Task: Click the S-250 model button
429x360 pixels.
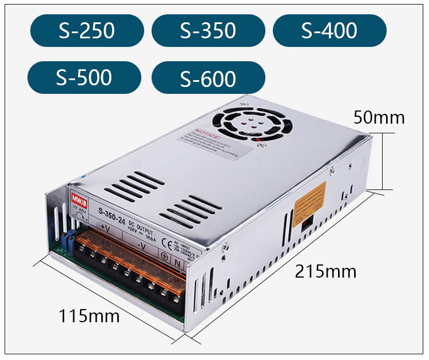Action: (x=87, y=30)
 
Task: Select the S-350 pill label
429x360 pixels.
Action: (x=208, y=30)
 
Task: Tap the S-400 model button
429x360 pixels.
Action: (x=329, y=30)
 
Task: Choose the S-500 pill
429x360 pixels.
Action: (x=84, y=77)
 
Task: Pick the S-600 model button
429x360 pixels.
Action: (x=208, y=78)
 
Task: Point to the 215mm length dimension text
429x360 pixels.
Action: (x=325, y=271)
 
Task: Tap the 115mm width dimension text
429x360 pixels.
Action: (x=89, y=315)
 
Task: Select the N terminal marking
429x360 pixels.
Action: (x=177, y=263)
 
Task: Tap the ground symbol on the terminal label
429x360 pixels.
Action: (x=164, y=256)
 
